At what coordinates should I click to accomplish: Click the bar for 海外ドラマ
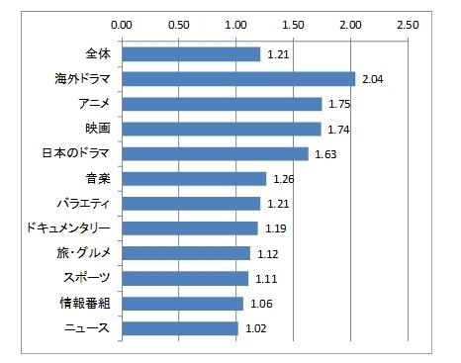coord(237,79)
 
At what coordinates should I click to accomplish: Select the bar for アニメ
coord(222,104)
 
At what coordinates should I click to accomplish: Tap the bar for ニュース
coord(179,327)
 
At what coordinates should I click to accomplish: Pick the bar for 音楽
coord(194,178)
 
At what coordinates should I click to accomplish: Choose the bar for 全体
coord(191,54)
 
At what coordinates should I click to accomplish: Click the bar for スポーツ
coord(185,278)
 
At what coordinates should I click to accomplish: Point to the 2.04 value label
coord(372,79)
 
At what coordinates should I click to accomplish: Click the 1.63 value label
coord(325,154)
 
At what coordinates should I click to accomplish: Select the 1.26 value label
coord(283,179)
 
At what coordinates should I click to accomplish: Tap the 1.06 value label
coord(260,303)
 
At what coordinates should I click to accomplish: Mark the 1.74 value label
coord(338,130)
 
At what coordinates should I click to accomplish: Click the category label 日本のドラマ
coord(80,153)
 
